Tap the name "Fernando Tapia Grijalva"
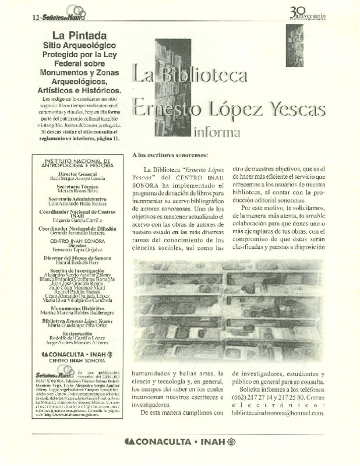(x=74, y=248)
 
